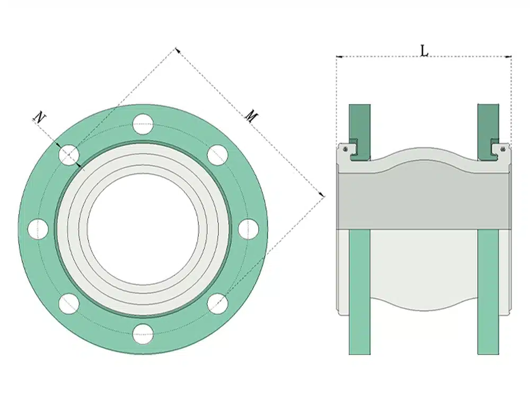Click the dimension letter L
pos(424,50)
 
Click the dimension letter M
pos(251,116)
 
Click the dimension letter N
pos(39,117)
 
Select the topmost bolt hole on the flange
pos(143,124)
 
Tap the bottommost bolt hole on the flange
pos(143,334)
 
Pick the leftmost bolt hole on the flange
pos(38,229)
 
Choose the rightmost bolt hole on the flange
pos(248,229)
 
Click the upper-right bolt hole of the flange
pos(217,154)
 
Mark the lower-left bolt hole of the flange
pos(69,303)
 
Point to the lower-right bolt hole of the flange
pos(217,303)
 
